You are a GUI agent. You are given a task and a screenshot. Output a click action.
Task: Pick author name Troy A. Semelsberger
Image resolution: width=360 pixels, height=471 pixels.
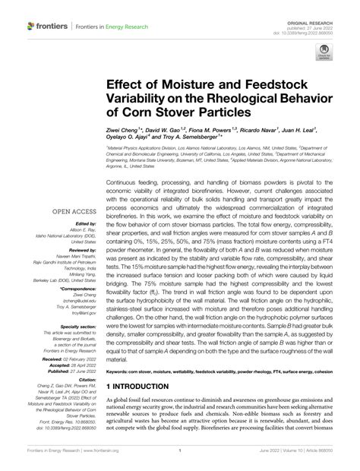tap(188, 140)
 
